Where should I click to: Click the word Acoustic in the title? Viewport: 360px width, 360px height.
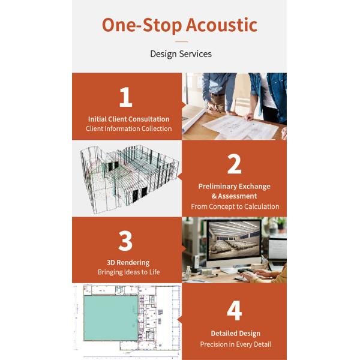coord(221,25)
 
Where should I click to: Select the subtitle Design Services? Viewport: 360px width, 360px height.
coord(181,54)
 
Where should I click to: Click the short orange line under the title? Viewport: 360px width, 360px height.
coord(181,42)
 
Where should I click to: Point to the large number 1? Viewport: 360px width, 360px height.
coord(126,97)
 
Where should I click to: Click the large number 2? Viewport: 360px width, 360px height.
coord(234,164)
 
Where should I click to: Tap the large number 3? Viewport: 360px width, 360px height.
coord(125,241)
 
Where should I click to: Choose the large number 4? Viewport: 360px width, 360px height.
coord(234,310)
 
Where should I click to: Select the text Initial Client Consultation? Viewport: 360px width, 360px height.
coord(128,119)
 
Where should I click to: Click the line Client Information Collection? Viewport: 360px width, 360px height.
coord(128,128)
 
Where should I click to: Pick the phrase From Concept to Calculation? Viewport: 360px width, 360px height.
coord(235,206)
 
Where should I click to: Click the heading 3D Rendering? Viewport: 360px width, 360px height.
coord(128,263)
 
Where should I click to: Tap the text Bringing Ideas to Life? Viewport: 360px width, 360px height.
coord(128,272)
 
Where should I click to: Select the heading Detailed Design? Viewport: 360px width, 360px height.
coord(236,334)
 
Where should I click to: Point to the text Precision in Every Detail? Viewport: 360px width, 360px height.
coord(236,344)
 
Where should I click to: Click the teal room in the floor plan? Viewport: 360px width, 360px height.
coord(111,318)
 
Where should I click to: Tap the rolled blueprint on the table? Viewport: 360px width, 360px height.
coord(193,121)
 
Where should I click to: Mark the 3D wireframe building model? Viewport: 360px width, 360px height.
coord(129,178)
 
